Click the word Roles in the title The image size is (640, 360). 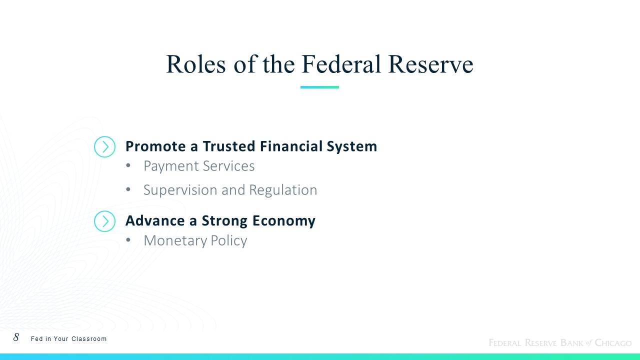(x=195, y=64)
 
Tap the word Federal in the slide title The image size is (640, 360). (x=341, y=64)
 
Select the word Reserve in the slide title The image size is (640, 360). (x=431, y=64)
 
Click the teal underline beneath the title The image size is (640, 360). (x=319, y=87)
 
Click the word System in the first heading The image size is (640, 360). (x=352, y=147)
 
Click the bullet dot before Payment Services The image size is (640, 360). (x=128, y=165)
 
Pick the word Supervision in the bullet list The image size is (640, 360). (x=180, y=190)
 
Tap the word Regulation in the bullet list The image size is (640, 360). (x=283, y=190)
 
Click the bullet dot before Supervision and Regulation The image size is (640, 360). (x=128, y=189)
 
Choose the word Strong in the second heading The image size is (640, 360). (x=224, y=221)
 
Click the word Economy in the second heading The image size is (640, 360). (x=284, y=221)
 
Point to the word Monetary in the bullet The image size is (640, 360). (x=175, y=241)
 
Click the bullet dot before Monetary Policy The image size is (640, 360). (x=128, y=240)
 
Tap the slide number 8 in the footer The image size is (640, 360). (x=16, y=337)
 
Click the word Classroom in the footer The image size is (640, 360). (x=89, y=339)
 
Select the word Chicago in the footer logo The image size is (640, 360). (x=613, y=342)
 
